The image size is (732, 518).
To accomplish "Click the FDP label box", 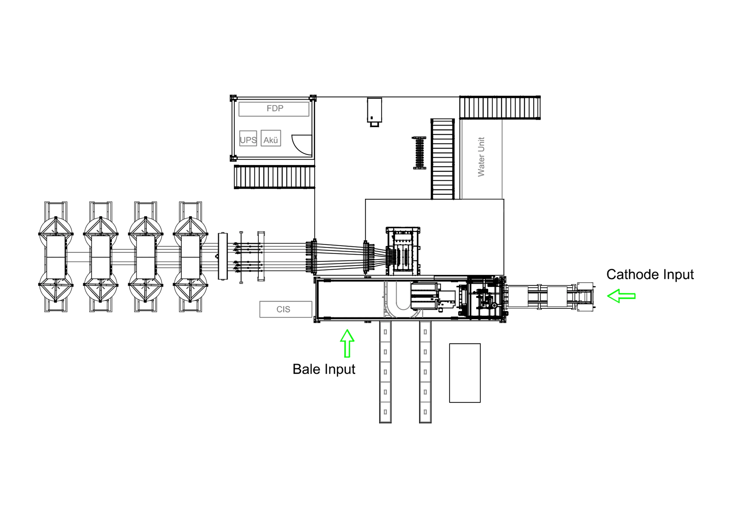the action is point(274,109).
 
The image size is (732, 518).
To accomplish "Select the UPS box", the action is point(248,138).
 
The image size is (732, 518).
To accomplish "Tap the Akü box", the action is point(271,138).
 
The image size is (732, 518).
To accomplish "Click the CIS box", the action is point(286,309).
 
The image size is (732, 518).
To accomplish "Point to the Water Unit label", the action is point(481,157).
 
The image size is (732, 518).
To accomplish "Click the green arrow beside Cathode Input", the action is point(621,296).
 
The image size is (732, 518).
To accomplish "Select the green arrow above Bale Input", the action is point(347,343).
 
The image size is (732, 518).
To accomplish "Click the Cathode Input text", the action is point(650,274).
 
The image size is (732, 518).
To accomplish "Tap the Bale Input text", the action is point(324,369).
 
